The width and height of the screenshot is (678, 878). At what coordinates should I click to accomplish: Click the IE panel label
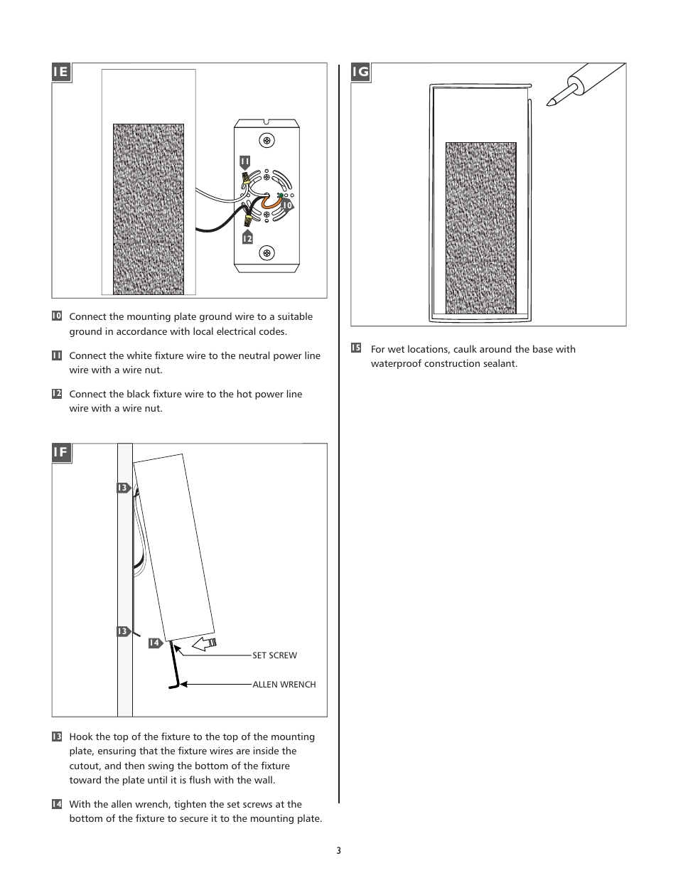pyautogui.click(x=61, y=72)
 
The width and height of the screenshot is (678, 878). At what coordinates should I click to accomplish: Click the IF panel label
pyautogui.click(x=61, y=453)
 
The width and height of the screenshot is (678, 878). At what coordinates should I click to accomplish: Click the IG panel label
pyautogui.click(x=360, y=72)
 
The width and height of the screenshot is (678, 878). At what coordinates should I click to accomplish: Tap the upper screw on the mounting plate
pyautogui.click(x=267, y=140)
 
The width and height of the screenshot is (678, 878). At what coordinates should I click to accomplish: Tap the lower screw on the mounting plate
pyautogui.click(x=267, y=252)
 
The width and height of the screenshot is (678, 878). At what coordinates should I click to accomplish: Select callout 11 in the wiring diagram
pyautogui.click(x=244, y=162)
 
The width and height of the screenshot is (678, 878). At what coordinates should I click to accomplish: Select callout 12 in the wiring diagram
pyautogui.click(x=247, y=238)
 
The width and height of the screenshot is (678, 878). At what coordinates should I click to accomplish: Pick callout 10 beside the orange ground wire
pyautogui.click(x=286, y=205)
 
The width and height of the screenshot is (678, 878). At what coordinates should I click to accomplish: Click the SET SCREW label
pyautogui.click(x=274, y=655)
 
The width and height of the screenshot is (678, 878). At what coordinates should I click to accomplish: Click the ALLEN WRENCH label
pyautogui.click(x=284, y=685)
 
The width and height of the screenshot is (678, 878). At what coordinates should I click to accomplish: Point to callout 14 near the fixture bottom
pyautogui.click(x=154, y=643)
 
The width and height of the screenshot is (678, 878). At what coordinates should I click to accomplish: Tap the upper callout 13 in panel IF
pyautogui.click(x=122, y=488)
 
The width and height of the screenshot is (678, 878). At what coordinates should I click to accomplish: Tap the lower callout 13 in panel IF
pyautogui.click(x=122, y=631)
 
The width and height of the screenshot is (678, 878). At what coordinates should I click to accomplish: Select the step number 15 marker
pyautogui.click(x=356, y=348)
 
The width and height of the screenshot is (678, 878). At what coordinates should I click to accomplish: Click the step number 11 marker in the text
pyautogui.click(x=56, y=355)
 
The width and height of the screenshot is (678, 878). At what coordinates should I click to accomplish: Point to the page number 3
pyautogui.click(x=339, y=851)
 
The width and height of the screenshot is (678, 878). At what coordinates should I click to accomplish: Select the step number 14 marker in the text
pyautogui.click(x=56, y=804)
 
